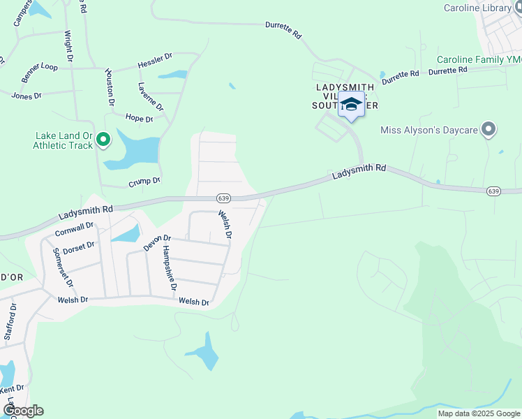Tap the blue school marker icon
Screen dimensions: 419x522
point(352,105)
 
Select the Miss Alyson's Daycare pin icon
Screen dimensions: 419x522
point(489,130)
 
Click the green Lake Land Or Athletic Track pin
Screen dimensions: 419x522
point(103,140)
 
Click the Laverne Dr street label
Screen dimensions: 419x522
point(150,97)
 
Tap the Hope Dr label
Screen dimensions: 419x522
point(139,118)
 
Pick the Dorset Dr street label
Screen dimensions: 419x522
point(78,247)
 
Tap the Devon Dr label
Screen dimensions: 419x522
point(157,243)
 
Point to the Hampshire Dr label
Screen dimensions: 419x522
point(170,267)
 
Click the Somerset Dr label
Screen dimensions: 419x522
point(57,266)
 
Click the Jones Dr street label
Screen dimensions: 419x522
point(27,95)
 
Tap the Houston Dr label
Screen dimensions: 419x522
point(110,87)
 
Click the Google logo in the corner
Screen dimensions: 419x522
point(23,411)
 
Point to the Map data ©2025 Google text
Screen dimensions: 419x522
point(478,413)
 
